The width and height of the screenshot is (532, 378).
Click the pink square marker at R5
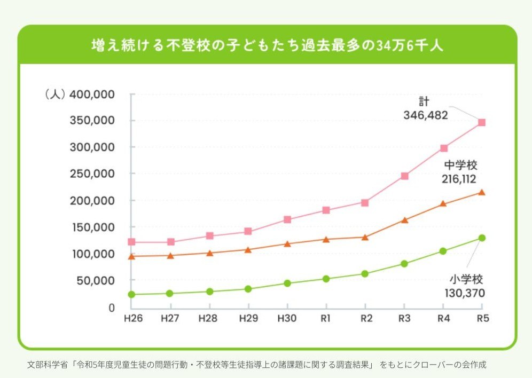click(x=481, y=122)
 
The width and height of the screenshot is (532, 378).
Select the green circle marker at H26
click(x=131, y=294)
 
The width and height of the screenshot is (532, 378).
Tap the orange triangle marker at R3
click(x=404, y=220)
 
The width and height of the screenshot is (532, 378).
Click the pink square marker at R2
click(x=365, y=202)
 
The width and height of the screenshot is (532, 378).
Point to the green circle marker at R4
click(x=443, y=251)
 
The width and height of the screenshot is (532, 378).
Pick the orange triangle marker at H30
click(x=287, y=244)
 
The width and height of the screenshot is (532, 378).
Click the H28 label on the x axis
click(x=208, y=319)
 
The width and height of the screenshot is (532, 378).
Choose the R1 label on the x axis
click(x=326, y=319)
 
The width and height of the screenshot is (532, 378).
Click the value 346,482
click(x=425, y=114)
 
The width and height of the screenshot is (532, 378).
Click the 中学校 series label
click(x=461, y=166)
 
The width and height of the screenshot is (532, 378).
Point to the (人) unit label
click(x=54, y=94)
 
